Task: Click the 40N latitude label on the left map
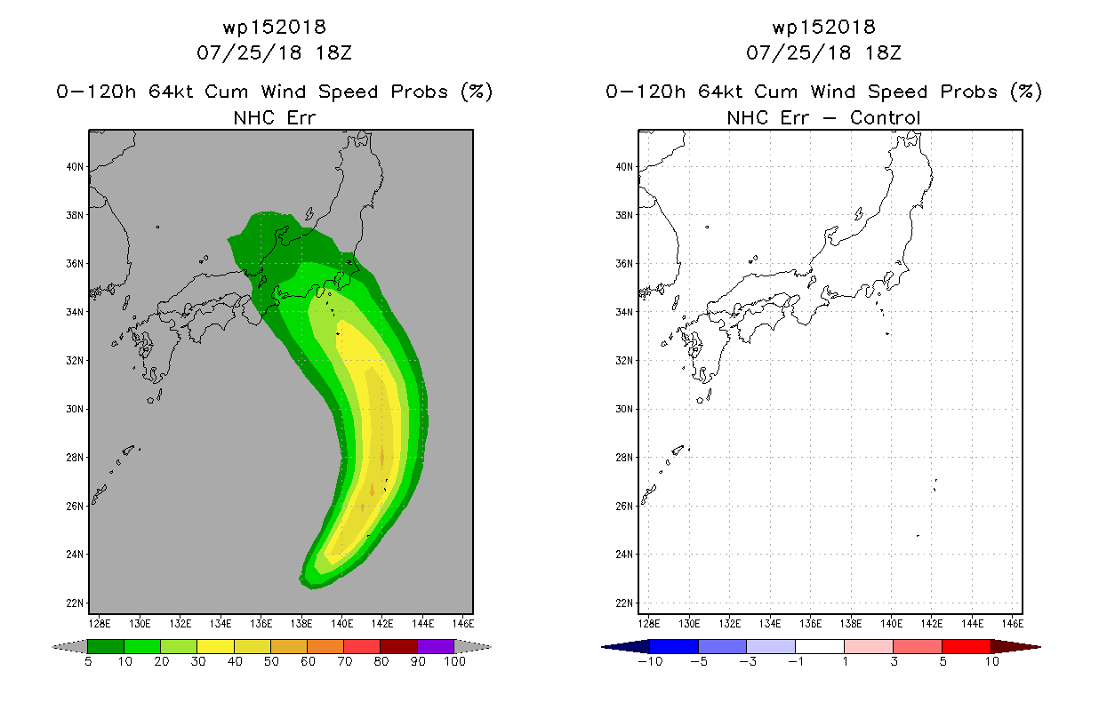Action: [x=75, y=167]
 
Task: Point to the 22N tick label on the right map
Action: [x=624, y=603]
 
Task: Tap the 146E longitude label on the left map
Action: [x=463, y=624]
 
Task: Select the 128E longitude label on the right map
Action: [x=648, y=624]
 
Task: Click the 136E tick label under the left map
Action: [x=261, y=624]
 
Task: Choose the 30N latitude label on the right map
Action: [x=624, y=409]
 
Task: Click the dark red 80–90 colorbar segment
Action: [x=399, y=646]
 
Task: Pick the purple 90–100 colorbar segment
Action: [x=436, y=646]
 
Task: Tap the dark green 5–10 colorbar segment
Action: [x=106, y=646]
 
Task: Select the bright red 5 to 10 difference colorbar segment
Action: [x=967, y=646]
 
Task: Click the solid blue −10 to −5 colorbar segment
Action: [x=674, y=646]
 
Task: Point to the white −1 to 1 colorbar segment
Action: [x=821, y=646]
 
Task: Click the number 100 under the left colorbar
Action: [x=455, y=661]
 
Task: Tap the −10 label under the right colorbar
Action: [x=651, y=661]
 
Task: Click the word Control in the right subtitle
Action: [x=885, y=118]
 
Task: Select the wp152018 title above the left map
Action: [x=275, y=27]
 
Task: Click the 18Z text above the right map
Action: [x=883, y=53]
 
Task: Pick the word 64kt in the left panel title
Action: [x=171, y=92]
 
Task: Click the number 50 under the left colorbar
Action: [x=271, y=661]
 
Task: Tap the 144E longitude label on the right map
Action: [x=973, y=624]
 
